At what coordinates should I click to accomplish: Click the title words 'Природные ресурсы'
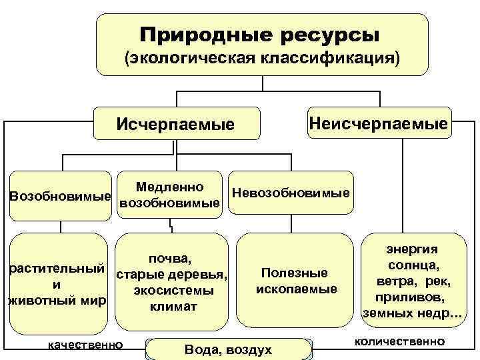pos(261,33)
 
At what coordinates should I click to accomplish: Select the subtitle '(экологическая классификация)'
pos(261,59)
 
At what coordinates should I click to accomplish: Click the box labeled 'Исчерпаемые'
pos(175,124)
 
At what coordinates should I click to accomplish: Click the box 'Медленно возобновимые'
pos(169,194)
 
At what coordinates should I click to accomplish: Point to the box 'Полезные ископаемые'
pos(295,281)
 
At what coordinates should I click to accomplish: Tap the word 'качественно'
pos(82,344)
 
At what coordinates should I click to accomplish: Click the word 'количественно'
pos(399,341)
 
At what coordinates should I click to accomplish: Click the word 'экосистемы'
pos(173,291)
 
